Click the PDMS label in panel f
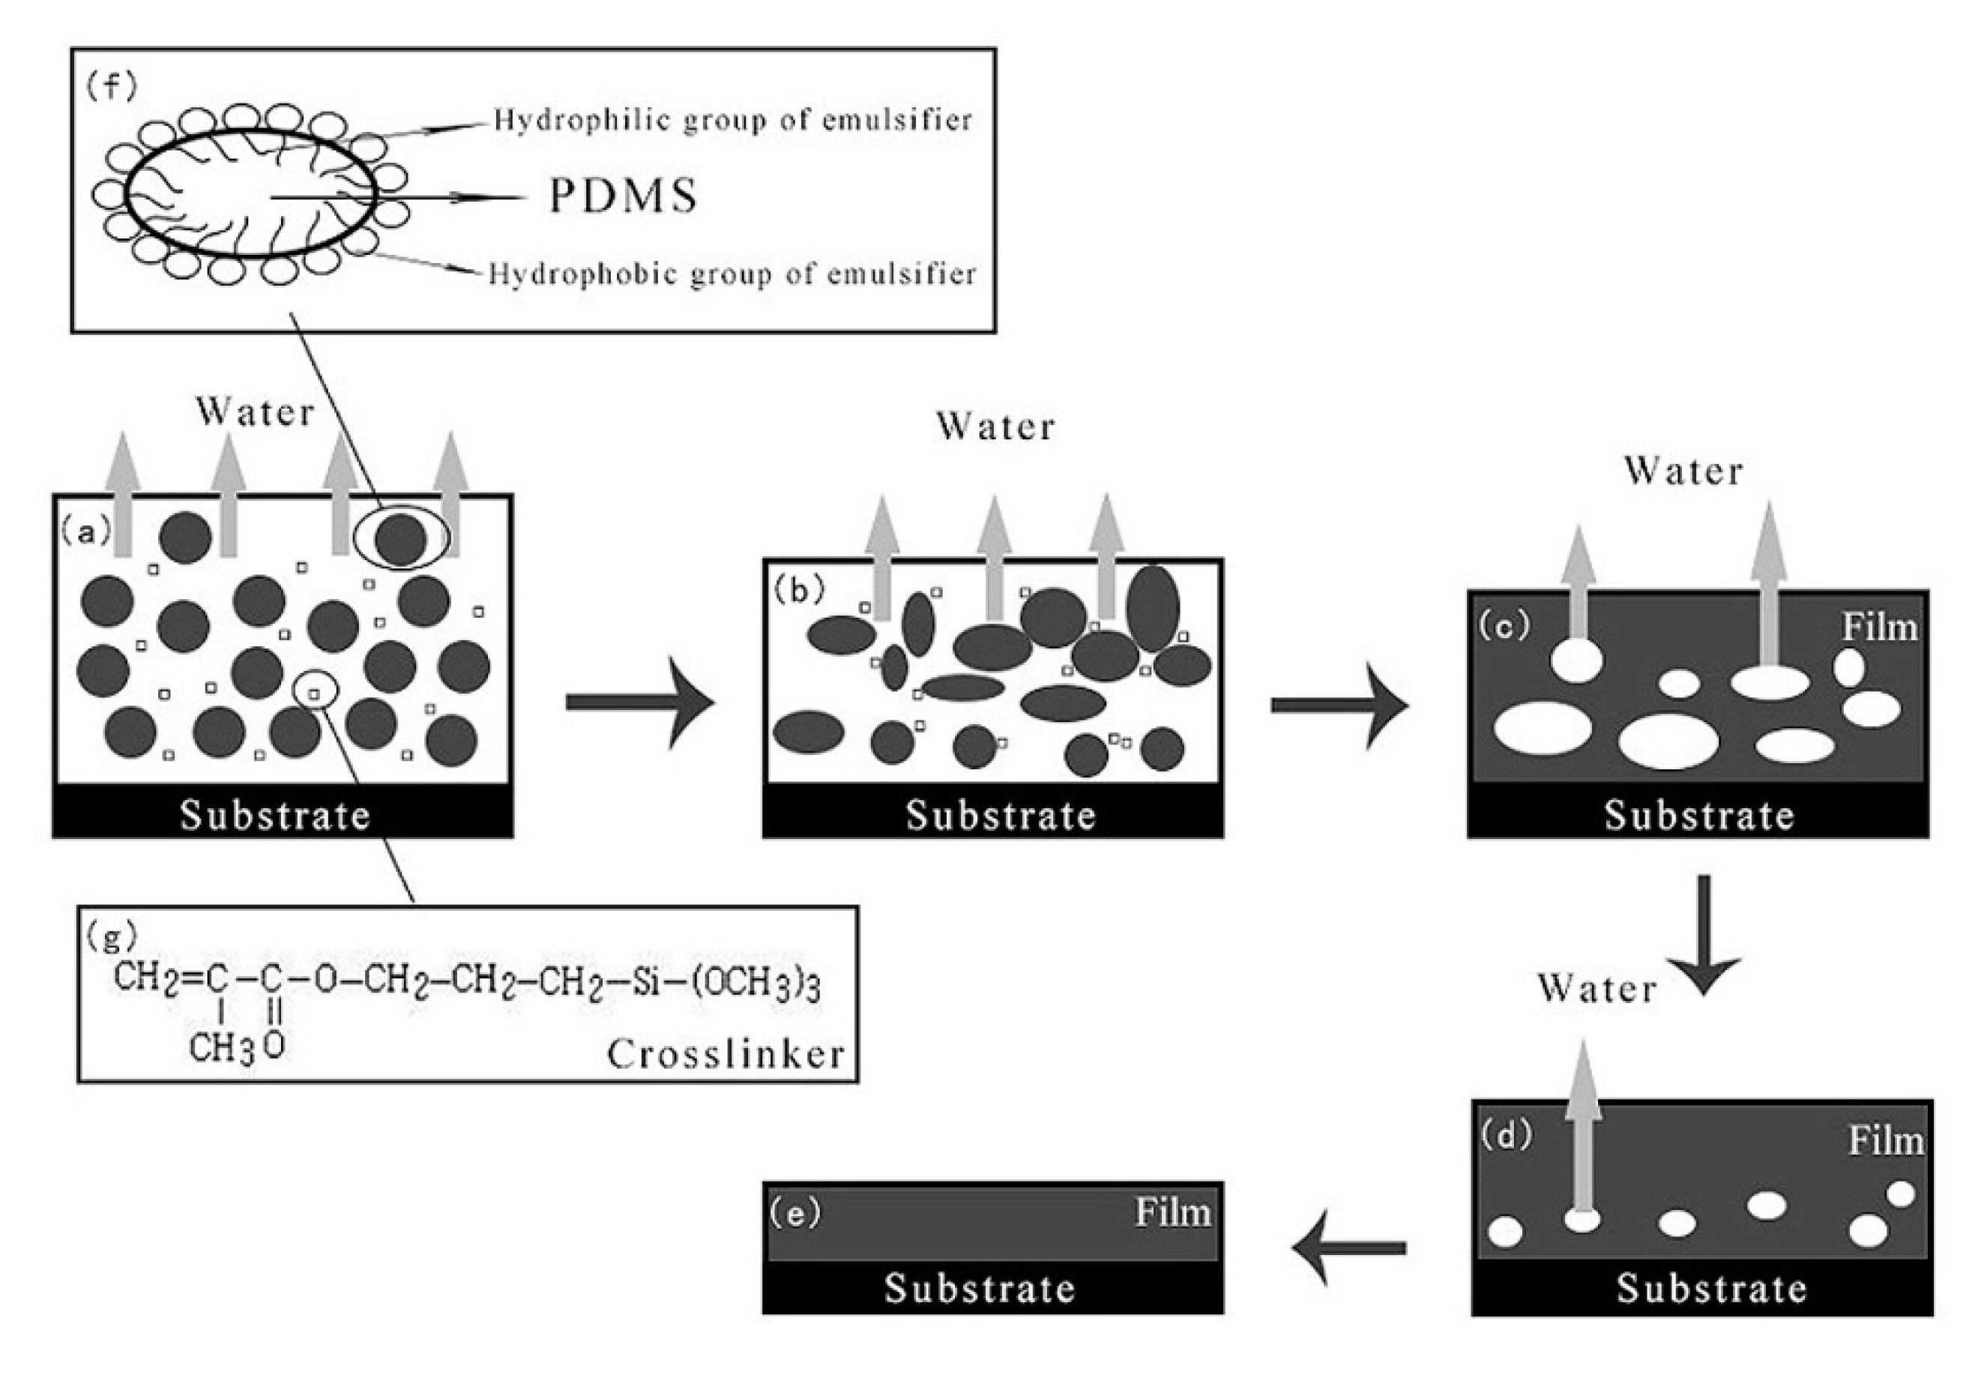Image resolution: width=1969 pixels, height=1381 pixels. click(624, 196)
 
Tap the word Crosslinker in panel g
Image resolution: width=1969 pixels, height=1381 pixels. click(726, 1054)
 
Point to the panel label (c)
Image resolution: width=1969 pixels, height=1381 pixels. click(1504, 625)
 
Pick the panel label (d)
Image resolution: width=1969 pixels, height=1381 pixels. click(1506, 1134)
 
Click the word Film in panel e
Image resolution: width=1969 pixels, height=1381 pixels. click(1173, 1212)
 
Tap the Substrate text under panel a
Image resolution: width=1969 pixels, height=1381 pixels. click(274, 815)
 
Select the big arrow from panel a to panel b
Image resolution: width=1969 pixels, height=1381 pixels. click(639, 702)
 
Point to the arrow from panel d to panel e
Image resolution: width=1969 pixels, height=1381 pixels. click(1348, 1248)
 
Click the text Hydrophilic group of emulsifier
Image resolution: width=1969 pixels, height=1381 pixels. click(733, 120)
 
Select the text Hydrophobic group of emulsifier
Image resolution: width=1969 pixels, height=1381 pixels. click(732, 274)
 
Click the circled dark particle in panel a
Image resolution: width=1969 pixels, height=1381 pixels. click(400, 538)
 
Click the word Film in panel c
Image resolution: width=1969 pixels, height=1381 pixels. click(1879, 627)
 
